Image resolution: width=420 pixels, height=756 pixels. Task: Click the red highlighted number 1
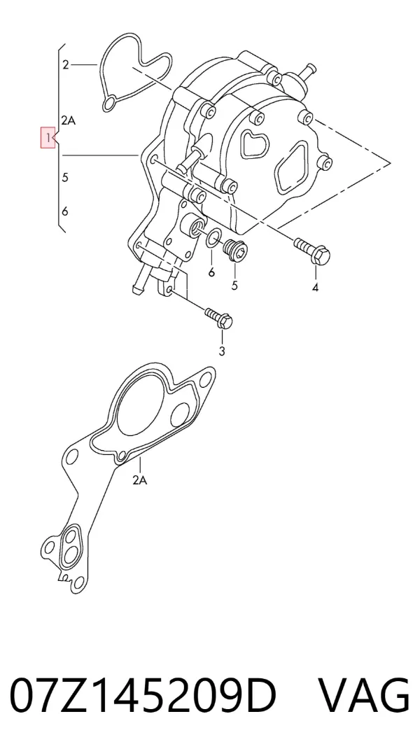(x=48, y=137)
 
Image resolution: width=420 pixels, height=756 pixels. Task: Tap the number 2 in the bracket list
(x=66, y=64)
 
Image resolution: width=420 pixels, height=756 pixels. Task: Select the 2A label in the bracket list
(x=69, y=120)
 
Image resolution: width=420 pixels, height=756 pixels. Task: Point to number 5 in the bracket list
(x=65, y=177)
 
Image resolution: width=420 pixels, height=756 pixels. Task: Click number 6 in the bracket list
(x=65, y=211)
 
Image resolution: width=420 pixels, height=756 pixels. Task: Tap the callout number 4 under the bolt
(x=316, y=288)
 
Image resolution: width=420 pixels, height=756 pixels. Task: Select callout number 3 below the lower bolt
(x=222, y=351)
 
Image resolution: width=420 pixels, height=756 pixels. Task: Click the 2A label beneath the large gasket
(x=139, y=480)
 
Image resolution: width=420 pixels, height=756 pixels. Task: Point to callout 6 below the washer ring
(x=211, y=272)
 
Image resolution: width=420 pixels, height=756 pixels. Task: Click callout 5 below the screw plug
(x=234, y=286)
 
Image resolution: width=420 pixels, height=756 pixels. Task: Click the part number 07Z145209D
(x=143, y=696)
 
